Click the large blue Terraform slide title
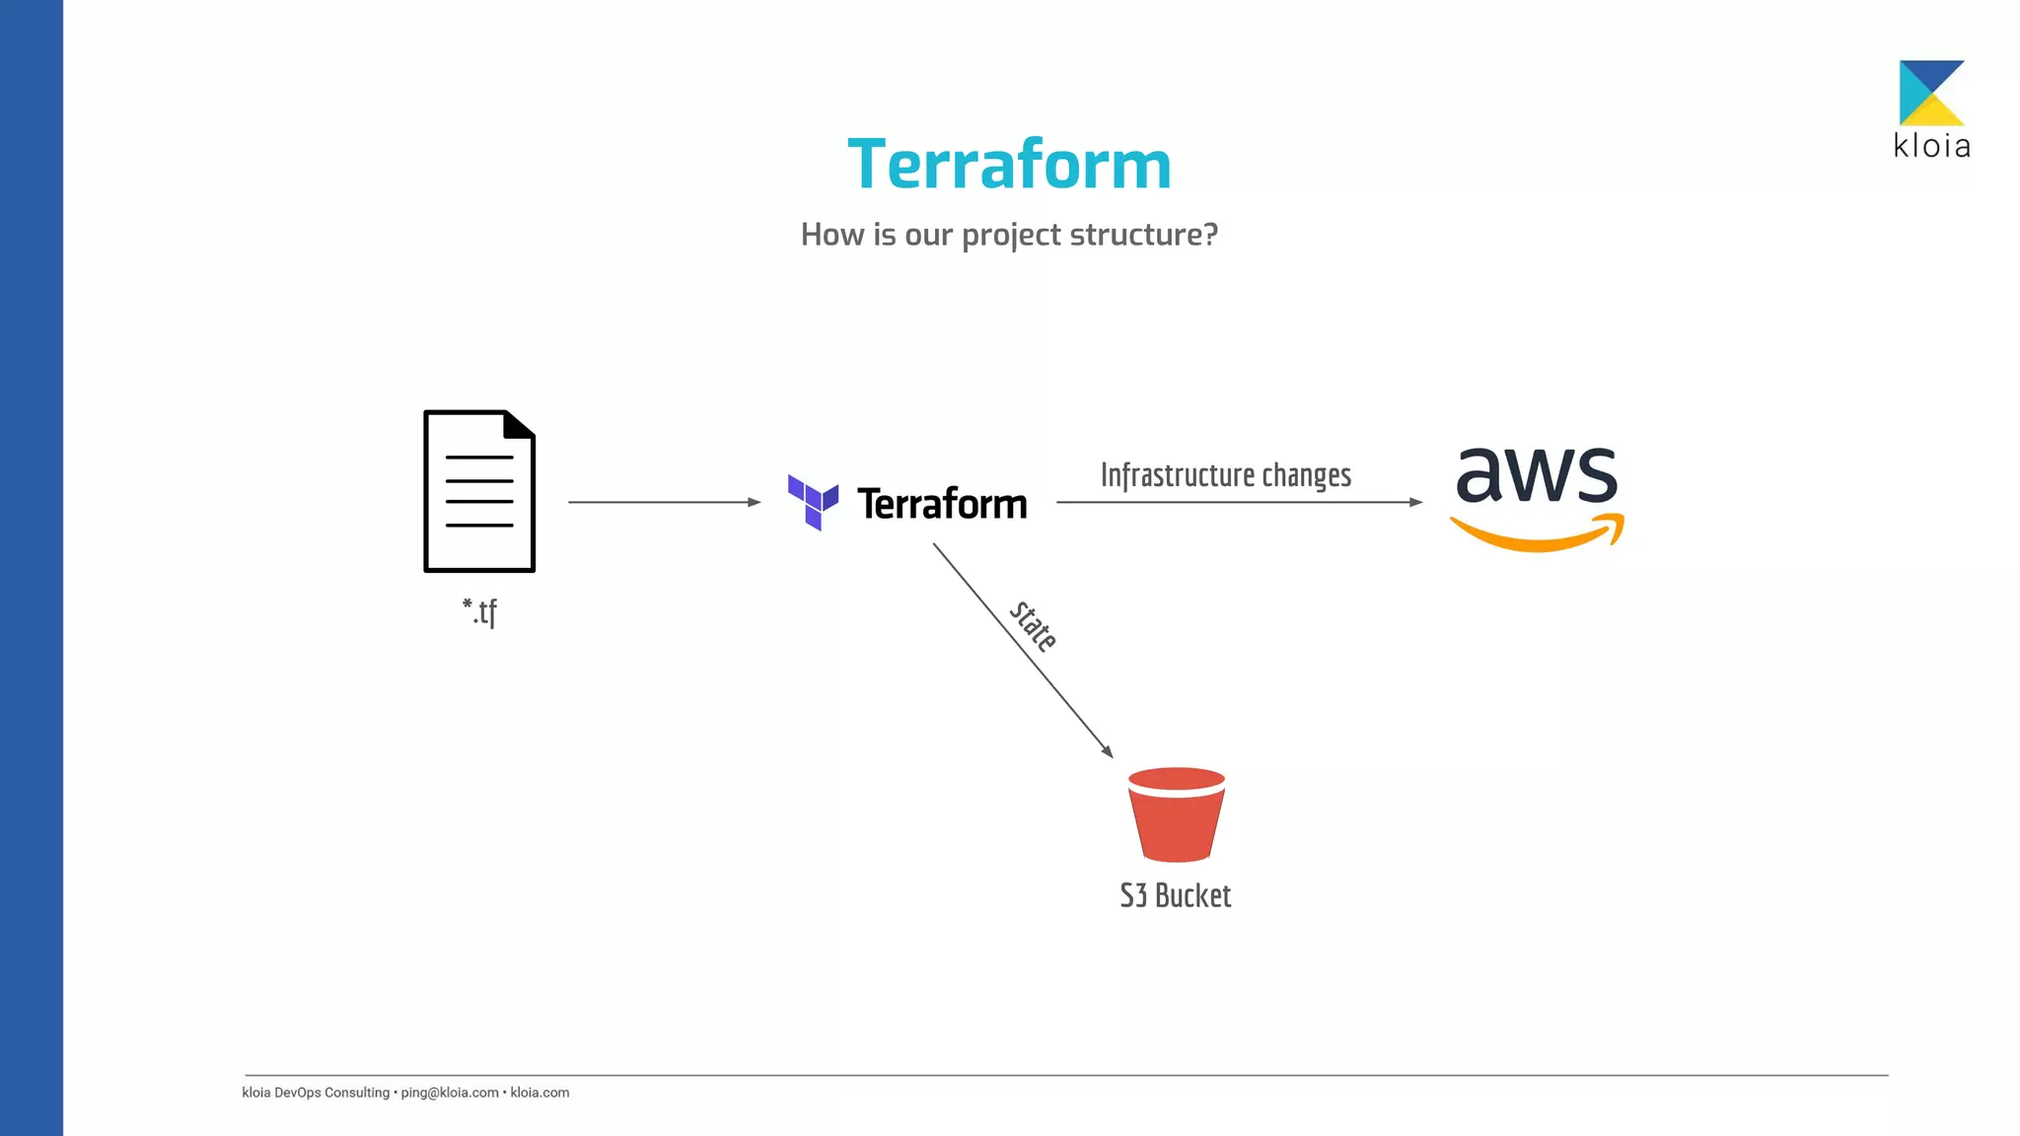(x=1009, y=164)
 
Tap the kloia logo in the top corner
(x=1931, y=108)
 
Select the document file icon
(x=479, y=491)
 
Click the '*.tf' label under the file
(x=480, y=611)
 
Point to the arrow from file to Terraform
(x=663, y=502)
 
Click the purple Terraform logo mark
(x=813, y=502)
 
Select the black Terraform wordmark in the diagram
(x=942, y=504)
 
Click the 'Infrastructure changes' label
(x=1225, y=475)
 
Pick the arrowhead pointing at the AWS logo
(x=1415, y=502)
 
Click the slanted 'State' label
(x=1033, y=626)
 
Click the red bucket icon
(x=1176, y=815)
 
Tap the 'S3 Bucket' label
(x=1176, y=895)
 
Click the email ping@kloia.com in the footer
(x=449, y=1093)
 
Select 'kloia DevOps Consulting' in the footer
(x=316, y=1093)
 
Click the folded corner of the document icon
(x=519, y=424)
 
